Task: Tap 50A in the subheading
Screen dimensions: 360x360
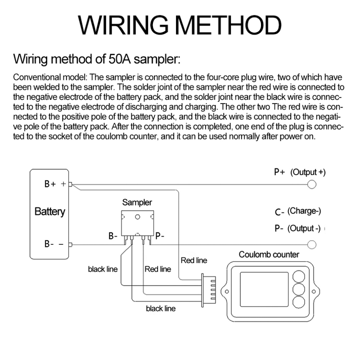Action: tap(119, 59)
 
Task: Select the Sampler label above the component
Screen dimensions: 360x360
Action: tap(137, 202)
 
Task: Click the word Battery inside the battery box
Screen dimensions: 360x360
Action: tap(50, 211)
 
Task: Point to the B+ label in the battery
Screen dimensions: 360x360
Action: tap(50, 184)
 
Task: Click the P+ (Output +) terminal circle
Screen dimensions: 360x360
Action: tap(311, 184)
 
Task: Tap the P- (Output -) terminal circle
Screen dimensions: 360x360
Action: tap(311, 245)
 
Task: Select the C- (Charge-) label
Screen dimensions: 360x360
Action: tap(298, 211)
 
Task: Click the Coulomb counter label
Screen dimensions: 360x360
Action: tap(269, 255)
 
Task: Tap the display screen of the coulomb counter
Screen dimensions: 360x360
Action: tap(264, 289)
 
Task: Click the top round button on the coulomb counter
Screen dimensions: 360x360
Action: tap(299, 276)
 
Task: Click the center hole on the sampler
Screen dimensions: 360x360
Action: tap(138, 217)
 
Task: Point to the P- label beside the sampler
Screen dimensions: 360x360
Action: tap(160, 236)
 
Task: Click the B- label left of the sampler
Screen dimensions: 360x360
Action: tap(113, 236)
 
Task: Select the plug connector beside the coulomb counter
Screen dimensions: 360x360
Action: tap(208, 290)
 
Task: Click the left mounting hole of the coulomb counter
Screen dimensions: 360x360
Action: tap(227, 292)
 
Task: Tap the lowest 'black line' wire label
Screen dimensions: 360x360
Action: tap(161, 309)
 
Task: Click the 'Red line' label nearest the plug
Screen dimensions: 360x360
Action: tap(194, 261)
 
